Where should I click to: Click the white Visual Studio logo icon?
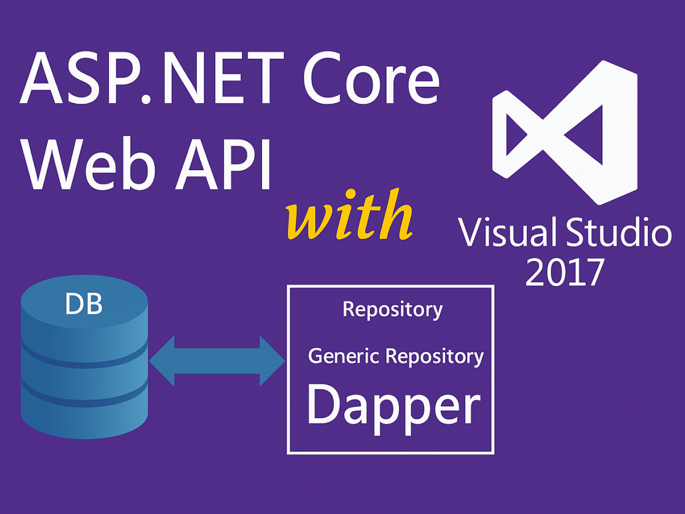pyautogui.click(x=565, y=131)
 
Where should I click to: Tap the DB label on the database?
pyautogui.click(x=84, y=305)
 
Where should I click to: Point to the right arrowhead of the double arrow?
pyautogui.click(x=272, y=361)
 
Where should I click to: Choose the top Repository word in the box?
pyautogui.click(x=392, y=310)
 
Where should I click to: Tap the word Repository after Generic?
pyautogui.click(x=434, y=356)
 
